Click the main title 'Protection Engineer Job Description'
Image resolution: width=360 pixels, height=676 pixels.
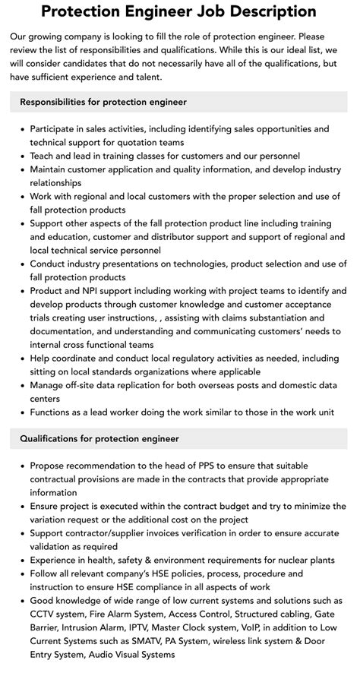click(179, 12)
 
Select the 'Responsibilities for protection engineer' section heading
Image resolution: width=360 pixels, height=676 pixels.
click(103, 102)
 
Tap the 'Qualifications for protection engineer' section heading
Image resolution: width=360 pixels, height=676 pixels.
click(99, 438)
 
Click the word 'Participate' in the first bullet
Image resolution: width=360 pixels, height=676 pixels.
click(55, 129)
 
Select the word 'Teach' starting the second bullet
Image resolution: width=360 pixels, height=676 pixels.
click(43, 156)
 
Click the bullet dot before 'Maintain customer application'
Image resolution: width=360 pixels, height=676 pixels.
click(21, 169)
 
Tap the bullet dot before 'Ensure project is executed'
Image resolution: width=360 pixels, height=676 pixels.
click(21, 507)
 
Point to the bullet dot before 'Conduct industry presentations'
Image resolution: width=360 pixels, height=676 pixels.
click(21, 264)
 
